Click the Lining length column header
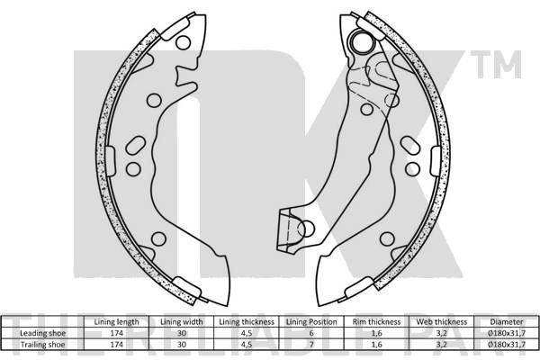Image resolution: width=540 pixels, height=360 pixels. pos(116,322)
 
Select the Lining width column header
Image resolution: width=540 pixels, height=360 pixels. pos(182,322)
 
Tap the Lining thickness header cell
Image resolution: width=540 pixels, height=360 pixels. pos(247,322)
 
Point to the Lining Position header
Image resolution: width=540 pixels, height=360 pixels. pos(311,322)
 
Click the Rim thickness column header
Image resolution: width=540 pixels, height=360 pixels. pos(376,322)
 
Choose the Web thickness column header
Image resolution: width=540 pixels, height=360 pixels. pos(442,322)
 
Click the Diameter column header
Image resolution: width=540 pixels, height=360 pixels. pos(507,322)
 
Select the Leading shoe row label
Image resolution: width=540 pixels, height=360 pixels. pos(42,333)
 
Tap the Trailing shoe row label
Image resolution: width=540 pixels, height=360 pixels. pos(42,345)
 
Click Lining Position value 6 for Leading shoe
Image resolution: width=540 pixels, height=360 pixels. pos(311,333)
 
